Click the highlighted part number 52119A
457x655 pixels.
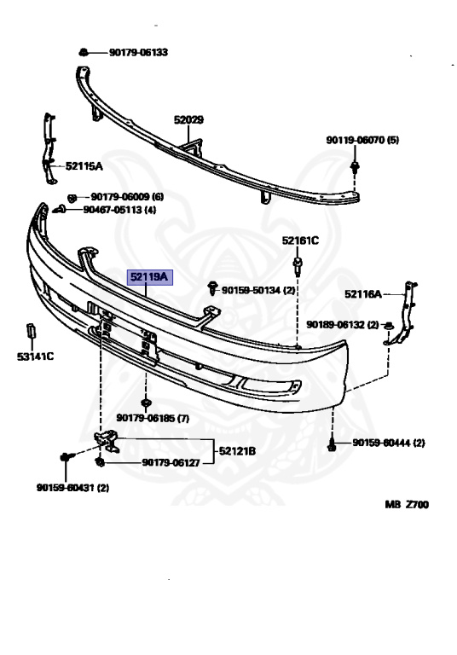[149, 277]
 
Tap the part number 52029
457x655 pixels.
[188, 120]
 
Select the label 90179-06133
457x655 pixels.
[139, 52]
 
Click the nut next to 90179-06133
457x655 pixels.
[83, 52]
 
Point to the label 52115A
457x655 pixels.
[84, 166]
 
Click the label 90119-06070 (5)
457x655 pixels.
[362, 140]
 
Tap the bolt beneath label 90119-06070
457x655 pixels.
[355, 167]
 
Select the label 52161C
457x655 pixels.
[300, 241]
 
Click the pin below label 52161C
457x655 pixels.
[298, 267]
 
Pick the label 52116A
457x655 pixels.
[363, 294]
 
